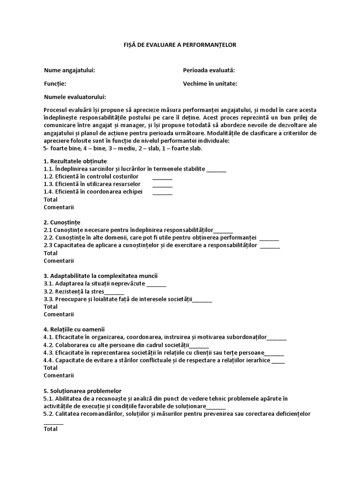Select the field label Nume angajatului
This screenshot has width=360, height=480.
click(69, 70)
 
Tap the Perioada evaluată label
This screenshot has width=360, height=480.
click(209, 70)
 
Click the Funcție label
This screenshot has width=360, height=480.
click(55, 83)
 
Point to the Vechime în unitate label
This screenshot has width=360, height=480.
click(210, 83)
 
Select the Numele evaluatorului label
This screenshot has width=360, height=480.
click(75, 97)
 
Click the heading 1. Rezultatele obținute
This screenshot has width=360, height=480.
click(75, 161)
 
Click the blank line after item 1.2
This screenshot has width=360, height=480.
click(162, 178)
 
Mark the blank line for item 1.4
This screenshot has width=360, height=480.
click(162, 193)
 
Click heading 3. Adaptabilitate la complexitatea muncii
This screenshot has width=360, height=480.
click(104, 276)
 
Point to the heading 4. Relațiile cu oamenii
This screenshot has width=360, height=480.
click(74, 330)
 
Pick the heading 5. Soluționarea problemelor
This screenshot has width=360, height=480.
click(82, 390)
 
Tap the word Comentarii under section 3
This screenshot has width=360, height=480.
click(59, 315)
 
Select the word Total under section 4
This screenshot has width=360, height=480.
click(51, 368)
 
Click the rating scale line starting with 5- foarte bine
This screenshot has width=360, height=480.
click(123, 149)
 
